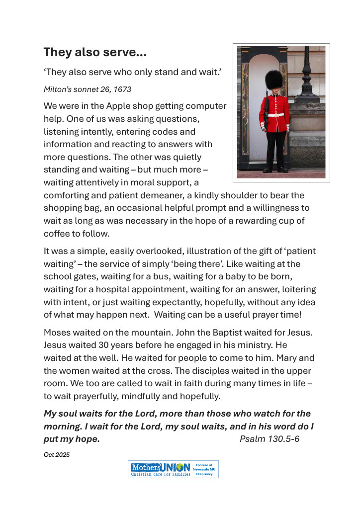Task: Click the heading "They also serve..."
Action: (94, 52)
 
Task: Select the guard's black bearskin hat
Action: (273, 80)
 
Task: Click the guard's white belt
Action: (275, 115)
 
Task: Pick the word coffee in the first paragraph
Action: (56, 233)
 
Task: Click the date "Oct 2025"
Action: (57, 454)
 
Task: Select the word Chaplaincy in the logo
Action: (204, 474)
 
